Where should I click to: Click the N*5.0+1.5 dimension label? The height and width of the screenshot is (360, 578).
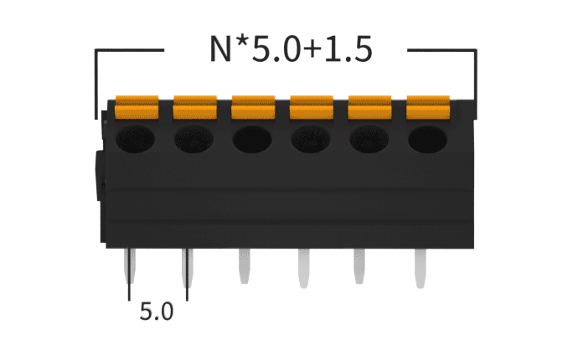(290, 49)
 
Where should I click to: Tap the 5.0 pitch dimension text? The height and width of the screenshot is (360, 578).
(157, 312)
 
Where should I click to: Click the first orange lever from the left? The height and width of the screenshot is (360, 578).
(137, 108)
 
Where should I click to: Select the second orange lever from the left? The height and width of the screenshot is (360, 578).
(194, 108)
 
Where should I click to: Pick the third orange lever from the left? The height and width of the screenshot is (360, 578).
(253, 108)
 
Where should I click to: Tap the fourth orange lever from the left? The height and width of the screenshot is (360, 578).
(311, 108)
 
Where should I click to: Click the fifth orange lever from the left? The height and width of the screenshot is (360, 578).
(369, 108)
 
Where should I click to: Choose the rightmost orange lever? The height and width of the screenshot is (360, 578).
(427, 108)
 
